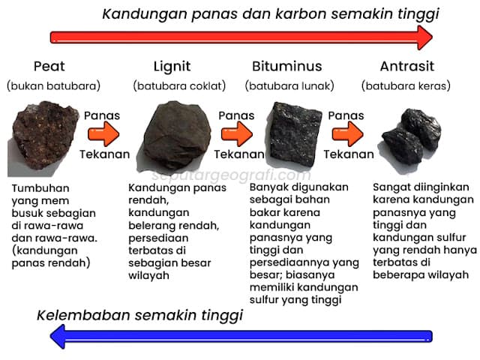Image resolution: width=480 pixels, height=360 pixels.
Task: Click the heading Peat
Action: tap(49, 66)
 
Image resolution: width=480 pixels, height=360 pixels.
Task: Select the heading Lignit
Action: tap(172, 67)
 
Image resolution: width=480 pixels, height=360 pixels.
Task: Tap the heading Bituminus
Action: tap(286, 66)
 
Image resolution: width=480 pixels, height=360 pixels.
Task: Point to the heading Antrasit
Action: tap(406, 66)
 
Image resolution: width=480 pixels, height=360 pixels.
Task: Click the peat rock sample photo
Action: tap(43, 138)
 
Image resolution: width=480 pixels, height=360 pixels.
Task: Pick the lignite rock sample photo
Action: tap(177, 135)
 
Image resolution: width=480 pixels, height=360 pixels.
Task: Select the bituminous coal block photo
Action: tap(295, 134)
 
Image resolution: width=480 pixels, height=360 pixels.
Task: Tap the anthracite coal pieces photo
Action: tap(411, 136)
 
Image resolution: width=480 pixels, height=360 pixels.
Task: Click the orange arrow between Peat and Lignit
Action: tap(103, 134)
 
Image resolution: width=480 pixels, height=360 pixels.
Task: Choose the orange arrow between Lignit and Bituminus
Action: tap(237, 134)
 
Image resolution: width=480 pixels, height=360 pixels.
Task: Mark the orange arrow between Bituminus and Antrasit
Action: tap(348, 134)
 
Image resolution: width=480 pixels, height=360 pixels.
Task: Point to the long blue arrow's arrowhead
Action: tap(58, 337)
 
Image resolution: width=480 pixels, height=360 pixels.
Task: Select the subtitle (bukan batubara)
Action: tap(53, 85)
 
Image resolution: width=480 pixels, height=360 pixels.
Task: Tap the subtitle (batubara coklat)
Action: tap(179, 85)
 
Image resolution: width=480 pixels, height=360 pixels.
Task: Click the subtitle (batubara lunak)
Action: tap(289, 85)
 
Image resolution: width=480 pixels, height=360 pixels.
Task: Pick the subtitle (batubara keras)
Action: tap(406, 85)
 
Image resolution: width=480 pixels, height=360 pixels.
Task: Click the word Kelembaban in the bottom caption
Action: tap(84, 315)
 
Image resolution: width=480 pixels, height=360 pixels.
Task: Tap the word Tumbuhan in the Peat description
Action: tap(40, 188)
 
